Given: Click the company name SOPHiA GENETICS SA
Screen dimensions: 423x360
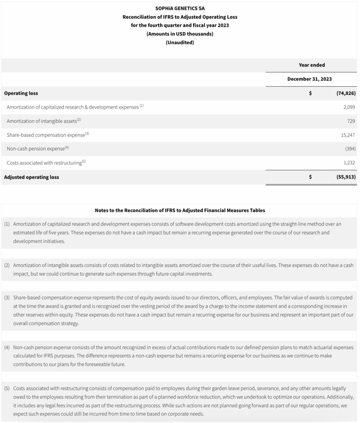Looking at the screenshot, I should pos(180,8).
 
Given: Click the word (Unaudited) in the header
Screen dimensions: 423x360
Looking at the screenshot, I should pos(180,42).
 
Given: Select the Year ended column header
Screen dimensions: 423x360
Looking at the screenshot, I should pos(312,65).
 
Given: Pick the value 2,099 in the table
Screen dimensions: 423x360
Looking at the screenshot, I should pos(349,107).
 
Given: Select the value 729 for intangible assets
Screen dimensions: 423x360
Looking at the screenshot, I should pos(351,121).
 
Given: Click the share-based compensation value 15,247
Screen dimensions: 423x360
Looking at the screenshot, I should pos(348,135).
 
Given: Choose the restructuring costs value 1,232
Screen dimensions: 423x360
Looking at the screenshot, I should pos(349,163).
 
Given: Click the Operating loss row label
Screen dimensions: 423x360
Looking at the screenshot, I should pos(21,93).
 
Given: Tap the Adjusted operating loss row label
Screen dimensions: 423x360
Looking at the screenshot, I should pos(31,177).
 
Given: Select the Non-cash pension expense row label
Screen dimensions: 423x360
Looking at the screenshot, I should pos(36,149).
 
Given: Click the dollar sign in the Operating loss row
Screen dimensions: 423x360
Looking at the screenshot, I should pos(310,93).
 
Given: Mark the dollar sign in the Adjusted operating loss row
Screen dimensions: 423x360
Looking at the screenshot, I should pos(310,177).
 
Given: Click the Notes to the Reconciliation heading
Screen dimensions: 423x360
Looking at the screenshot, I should pos(180,210).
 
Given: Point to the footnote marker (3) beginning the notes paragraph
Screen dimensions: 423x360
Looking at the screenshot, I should pos(7,297).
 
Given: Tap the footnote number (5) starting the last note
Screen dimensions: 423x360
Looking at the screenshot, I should pos(7,388).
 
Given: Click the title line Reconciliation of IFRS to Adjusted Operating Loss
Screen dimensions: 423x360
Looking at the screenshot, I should pos(180,17).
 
